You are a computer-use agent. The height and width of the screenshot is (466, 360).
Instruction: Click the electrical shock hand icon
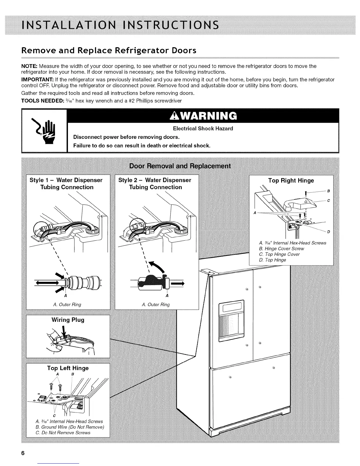tap(44, 130)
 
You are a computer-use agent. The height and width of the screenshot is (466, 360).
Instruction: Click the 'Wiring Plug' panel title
tap(68, 320)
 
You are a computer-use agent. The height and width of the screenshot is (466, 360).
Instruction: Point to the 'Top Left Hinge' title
tap(68, 368)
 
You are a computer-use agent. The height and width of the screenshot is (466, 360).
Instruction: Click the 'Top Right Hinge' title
tap(291, 181)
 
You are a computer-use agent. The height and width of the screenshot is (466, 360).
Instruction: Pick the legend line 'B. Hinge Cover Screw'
tap(281, 249)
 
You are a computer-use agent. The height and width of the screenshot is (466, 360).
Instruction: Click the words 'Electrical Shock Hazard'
tap(203, 129)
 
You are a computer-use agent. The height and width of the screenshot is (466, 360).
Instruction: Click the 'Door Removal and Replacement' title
tap(180, 166)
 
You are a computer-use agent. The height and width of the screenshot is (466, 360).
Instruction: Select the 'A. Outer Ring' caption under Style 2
tap(156, 304)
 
